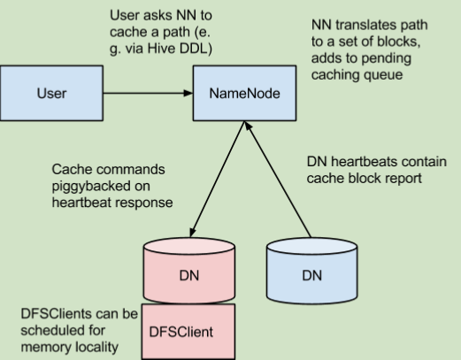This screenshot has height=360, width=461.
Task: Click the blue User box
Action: (51, 93)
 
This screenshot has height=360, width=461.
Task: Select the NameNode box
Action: (244, 93)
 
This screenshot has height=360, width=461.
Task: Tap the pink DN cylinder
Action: (189, 271)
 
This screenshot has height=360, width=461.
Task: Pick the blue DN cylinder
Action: (311, 271)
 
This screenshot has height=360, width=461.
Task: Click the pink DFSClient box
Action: (188, 332)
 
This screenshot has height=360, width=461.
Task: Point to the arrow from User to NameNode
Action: (148, 93)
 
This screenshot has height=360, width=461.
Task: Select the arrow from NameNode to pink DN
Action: (218, 179)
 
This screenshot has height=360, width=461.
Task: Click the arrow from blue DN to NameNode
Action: (278, 179)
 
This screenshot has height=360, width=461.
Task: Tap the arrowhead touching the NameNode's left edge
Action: (188, 93)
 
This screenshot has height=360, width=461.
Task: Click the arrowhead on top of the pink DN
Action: (192, 232)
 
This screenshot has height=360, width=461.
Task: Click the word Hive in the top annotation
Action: (161, 49)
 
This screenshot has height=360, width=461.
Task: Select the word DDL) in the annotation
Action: (196, 49)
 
